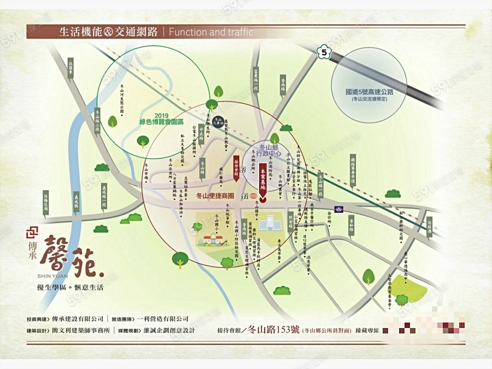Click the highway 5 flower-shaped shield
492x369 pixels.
[x=325, y=52]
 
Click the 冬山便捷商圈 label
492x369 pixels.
[x=214, y=195]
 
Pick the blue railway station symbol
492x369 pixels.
[x=338, y=208]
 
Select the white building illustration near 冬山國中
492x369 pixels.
[x=267, y=224]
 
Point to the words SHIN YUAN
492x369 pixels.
[x=52, y=276]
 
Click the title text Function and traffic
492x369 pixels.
[x=211, y=32]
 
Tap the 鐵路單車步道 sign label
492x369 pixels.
[x=353, y=169]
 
